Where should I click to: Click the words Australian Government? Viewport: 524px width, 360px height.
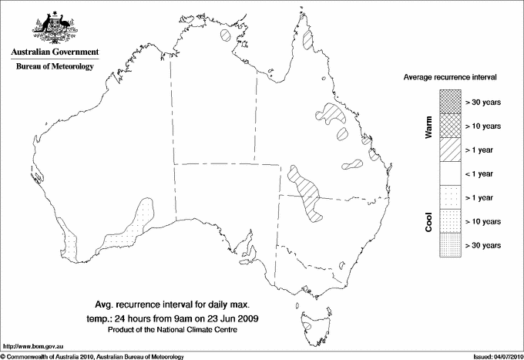click(54, 52)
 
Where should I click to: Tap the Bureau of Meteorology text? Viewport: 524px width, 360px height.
click(54, 66)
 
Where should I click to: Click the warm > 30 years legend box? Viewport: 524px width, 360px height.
click(449, 101)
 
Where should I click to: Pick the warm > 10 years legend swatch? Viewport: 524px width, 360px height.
click(449, 125)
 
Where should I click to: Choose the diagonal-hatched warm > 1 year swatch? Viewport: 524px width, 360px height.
click(449, 149)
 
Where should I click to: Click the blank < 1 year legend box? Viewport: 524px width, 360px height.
click(449, 173)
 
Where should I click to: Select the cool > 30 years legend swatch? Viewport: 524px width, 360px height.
click(449, 244)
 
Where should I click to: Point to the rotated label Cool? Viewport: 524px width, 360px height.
click(428, 221)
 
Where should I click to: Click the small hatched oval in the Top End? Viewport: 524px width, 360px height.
click(226, 35)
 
